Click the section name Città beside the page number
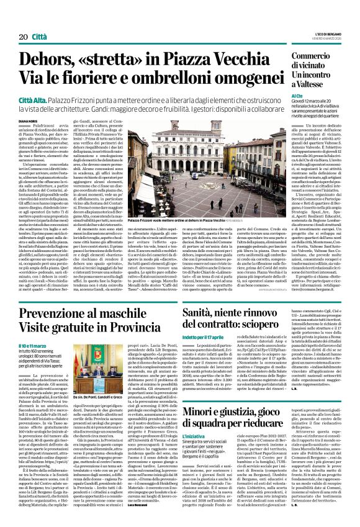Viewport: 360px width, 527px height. coord(38,20)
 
